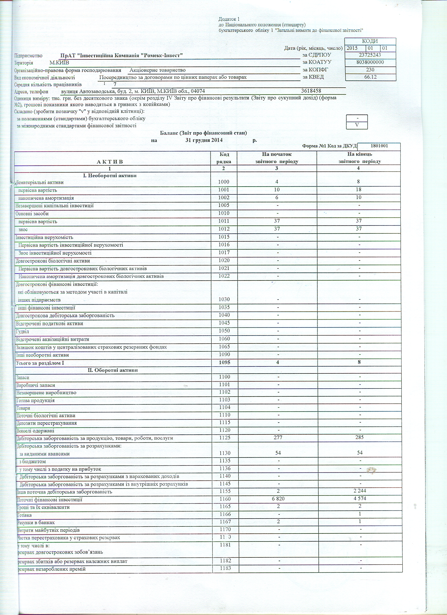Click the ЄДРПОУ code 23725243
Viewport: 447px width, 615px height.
pos(370,55)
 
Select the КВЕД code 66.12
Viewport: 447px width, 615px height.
pos(370,77)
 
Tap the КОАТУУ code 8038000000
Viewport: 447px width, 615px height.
pos(370,62)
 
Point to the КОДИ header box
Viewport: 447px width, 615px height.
pos(370,41)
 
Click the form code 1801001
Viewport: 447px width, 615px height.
pos(379,146)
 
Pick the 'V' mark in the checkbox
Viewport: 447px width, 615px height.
pos(357,125)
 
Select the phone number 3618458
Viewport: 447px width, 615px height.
pos(311,91)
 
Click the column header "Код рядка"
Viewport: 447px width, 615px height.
pos(224,158)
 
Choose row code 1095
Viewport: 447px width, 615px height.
pos(224,362)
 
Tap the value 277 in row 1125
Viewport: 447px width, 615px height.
pos(277,437)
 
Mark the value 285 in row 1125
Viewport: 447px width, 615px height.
pos(359,437)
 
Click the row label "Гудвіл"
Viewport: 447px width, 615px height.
pos(23,331)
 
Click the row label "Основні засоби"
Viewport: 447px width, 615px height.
pos(32,214)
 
